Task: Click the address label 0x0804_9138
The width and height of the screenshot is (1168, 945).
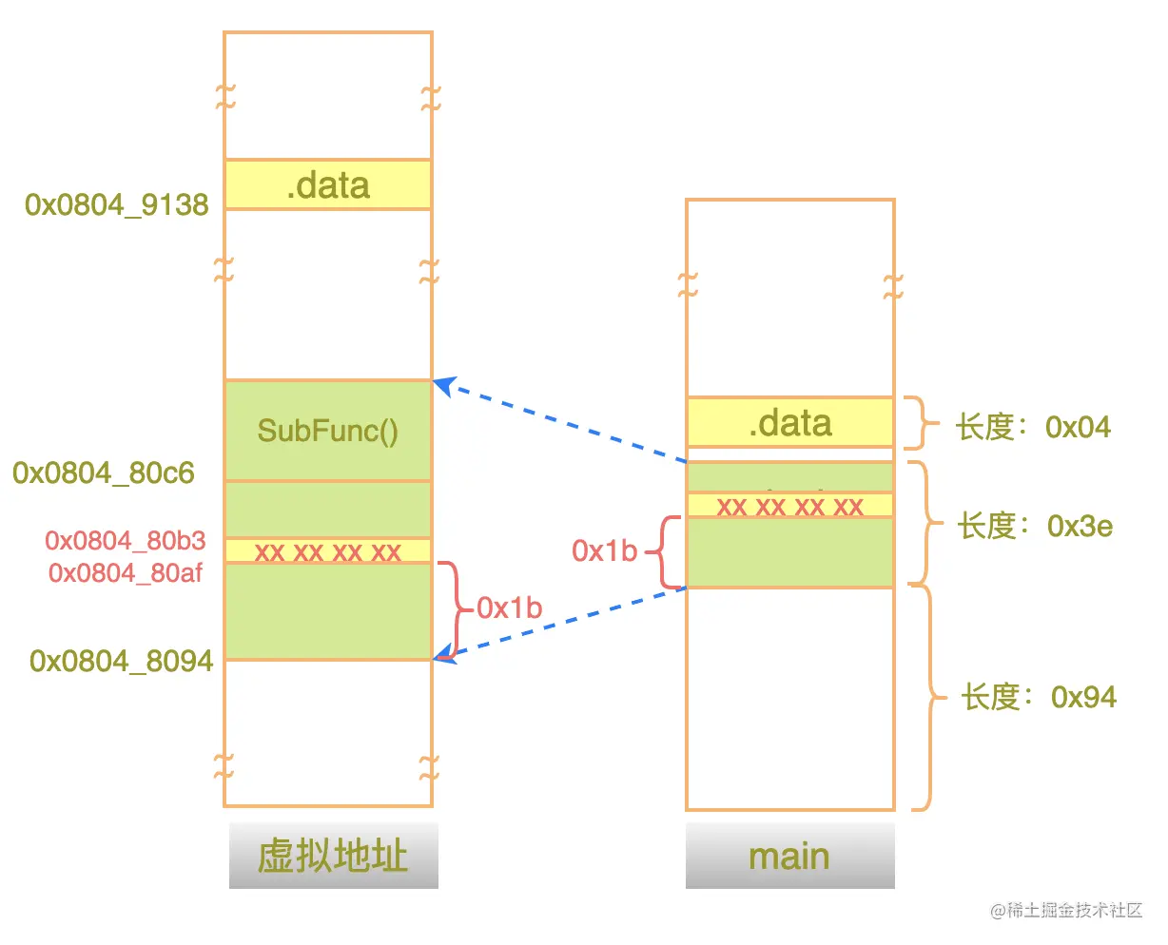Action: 117,204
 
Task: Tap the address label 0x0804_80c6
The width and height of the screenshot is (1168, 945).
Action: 104,472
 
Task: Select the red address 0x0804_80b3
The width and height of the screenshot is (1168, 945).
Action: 126,541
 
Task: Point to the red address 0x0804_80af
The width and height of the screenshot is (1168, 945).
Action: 126,572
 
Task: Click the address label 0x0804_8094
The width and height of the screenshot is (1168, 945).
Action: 121,661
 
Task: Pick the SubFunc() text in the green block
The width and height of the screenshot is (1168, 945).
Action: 328,431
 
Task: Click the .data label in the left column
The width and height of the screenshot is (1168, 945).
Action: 328,185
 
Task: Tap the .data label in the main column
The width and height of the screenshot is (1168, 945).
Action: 790,423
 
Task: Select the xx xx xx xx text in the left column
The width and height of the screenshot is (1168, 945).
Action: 328,551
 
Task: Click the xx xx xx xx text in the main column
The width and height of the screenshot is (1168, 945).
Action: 790,506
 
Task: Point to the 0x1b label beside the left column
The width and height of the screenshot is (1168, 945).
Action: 510,607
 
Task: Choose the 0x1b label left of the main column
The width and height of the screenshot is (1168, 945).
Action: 604,550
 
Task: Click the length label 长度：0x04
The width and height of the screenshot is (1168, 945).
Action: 1033,427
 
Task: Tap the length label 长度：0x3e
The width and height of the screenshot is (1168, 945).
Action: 1035,526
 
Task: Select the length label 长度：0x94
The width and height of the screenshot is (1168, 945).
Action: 1038,697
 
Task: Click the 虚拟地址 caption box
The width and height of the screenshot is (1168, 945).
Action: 333,856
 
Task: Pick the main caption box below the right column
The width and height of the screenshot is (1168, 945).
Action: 789,856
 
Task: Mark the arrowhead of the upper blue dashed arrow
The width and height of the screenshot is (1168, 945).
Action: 440,384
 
